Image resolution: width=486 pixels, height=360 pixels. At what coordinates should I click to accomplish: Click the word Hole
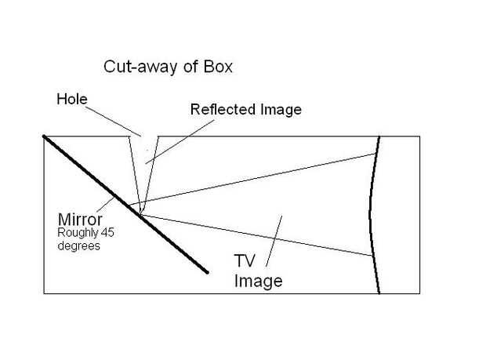[71, 100]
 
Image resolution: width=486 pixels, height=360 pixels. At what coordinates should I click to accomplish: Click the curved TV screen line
[371, 212]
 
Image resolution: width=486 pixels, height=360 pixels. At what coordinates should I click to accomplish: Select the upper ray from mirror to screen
[259, 180]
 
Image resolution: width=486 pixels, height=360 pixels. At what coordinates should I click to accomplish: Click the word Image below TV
[258, 280]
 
